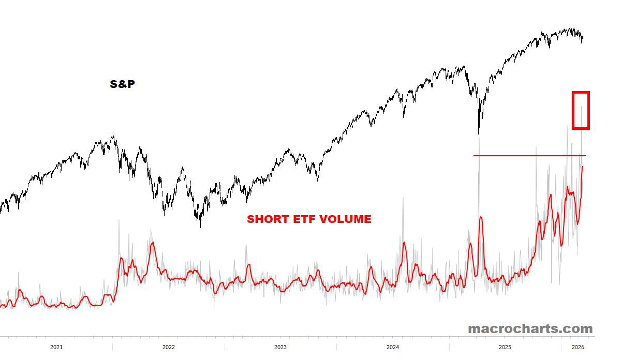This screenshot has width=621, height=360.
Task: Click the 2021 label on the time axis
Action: [56, 347]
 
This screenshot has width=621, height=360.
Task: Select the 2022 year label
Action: [168, 347]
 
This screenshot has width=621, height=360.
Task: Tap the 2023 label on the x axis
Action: [280, 347]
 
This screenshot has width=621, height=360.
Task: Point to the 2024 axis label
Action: [393, 347]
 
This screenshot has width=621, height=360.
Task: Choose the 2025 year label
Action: [505, 347]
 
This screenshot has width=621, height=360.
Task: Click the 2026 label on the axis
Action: [578, 347]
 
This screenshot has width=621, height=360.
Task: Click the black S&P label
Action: [122, 84]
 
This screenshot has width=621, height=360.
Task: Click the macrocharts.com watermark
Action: [530, 328]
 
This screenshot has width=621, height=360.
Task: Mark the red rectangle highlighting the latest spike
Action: [581, 110]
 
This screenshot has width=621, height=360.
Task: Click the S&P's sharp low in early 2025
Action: [479, 133]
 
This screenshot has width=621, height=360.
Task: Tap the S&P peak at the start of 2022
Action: [112, 137]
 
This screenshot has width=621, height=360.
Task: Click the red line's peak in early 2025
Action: [481, 217]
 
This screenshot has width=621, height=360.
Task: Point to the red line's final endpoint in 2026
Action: [583, 167]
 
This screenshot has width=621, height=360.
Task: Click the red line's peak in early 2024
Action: [404, 243]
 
